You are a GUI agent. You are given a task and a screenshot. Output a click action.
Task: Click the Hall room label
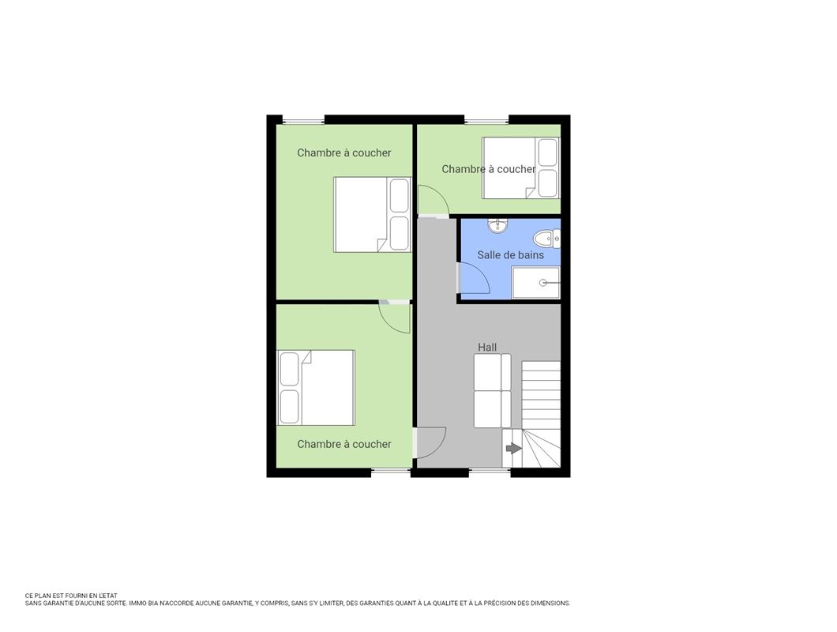[487, 348]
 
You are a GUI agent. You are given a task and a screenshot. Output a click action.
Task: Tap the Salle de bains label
[510, 255]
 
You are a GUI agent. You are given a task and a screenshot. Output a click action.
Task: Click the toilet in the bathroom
[548, 239]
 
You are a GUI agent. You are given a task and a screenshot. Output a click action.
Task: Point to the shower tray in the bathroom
[536, 283]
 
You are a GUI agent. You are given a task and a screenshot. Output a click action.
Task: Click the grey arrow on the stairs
[513, 448]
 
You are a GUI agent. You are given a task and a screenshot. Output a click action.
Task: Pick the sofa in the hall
[492, 390]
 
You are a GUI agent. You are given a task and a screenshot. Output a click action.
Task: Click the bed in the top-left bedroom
[372, 214]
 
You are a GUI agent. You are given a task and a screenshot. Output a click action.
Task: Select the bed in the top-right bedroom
[520, 167]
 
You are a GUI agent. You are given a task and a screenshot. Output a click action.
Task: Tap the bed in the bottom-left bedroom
[316, 387]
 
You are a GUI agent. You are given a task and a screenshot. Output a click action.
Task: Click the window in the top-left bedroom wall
[303, 119]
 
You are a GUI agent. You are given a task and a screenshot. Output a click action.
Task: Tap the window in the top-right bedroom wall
[486, 119]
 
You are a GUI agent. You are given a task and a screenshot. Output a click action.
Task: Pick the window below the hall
[490, 472]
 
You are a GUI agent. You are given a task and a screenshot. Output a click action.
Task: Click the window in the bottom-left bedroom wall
[391, 472]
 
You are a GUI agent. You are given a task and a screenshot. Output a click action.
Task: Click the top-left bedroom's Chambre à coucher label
[343, 152]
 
